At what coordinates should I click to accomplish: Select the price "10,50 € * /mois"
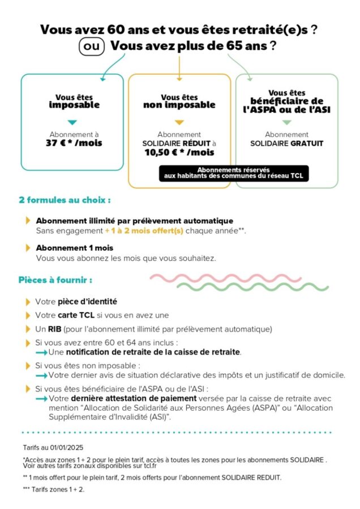coord(179,152)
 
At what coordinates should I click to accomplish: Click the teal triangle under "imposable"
coord(72,122)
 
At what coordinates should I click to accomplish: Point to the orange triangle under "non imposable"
coord(179,122)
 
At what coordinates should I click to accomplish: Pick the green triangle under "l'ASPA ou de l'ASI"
coord(286,122)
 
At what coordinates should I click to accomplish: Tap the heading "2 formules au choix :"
coord(65,200)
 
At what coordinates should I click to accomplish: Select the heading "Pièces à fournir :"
coord(55,280)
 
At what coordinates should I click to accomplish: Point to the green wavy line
coord(252,287)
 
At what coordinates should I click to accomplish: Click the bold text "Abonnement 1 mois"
coord(75,248)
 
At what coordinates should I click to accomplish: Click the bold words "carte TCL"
coord(76,315)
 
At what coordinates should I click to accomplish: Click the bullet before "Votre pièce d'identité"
coord(28,302)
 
